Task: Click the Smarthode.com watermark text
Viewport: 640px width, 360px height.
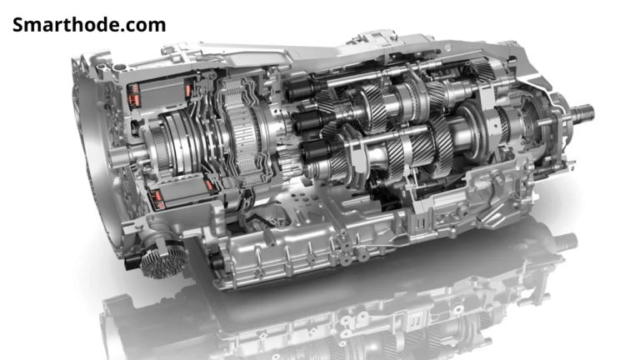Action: (x=89, y=24)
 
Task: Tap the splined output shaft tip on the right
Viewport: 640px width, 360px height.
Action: (x=582, y=113)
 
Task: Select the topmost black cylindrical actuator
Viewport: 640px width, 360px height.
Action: (x=300, y=90)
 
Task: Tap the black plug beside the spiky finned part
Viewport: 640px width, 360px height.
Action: (x=132, y=262)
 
